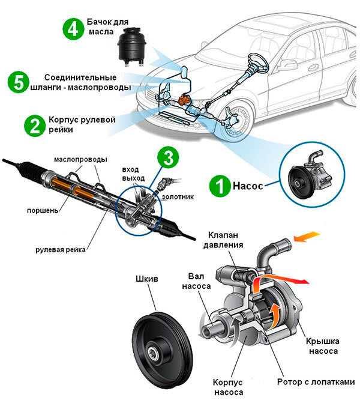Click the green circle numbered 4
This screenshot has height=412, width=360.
[x=73, y=29]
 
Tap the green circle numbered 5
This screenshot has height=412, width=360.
[x=19, y=82]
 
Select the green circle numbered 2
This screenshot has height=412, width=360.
[x=35, y=126]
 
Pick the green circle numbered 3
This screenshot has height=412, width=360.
[x=168, y=157]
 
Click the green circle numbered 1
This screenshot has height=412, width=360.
[x=220, y=186]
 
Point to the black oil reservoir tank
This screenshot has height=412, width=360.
[x=131, y=46]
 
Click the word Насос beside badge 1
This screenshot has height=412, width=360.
[x=248, y=186]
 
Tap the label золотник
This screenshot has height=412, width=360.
[x=178, y=197]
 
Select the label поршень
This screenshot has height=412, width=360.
[x=43, y=210]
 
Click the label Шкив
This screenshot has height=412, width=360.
[x=147, y=279]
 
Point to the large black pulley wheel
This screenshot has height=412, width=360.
[x=162, y=351]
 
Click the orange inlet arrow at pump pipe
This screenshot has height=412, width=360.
[x=307, y=237]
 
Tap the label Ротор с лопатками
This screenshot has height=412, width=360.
[x=316, y=382]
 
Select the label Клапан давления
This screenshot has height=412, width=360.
[x=223, y=240]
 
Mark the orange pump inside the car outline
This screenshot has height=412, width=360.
[x=183, y=100]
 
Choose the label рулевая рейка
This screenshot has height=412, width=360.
[x=61, y=250]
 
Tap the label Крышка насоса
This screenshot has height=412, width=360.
[x=323, y=346]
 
